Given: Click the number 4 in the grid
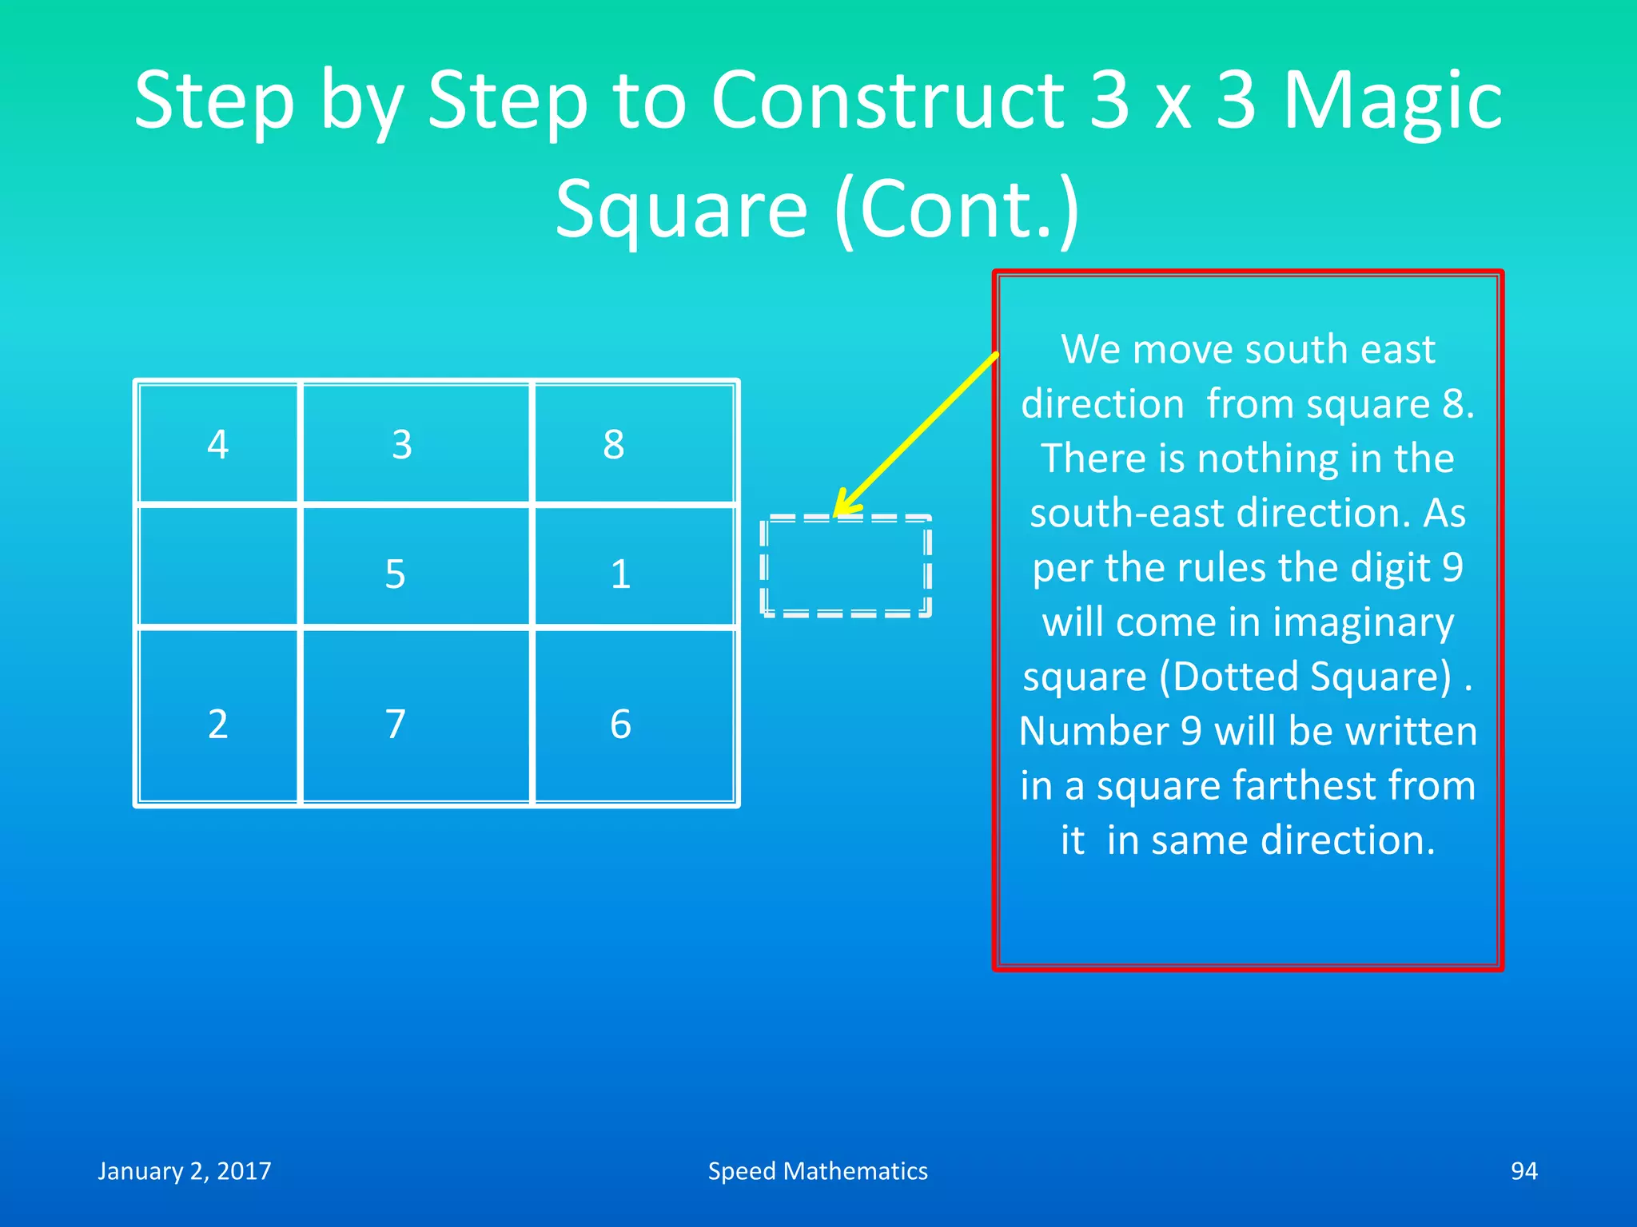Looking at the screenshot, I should [x=217, y=444].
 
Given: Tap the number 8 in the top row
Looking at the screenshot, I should [x=614, y=444].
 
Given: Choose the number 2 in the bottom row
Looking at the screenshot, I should [x=217, y=724].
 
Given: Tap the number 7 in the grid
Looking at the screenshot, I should [x=396, y=724].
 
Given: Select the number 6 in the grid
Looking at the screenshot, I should [x=621, y=724].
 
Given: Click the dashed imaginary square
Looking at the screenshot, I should [x=846, y=566].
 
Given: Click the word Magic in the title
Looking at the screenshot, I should [x=1392, y=101].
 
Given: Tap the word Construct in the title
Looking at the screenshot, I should [x=887, y=101].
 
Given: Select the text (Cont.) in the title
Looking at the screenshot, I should [x=957, y=209].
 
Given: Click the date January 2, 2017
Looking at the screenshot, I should [x=185, y=1171].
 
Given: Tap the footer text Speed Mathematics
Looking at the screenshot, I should [x=818, y=1171].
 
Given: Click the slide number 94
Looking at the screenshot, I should [x=1523, y=1171].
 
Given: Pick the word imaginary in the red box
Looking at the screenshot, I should [x=1363, y=622].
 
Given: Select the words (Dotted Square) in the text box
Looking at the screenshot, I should [x=1305, y=677].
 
